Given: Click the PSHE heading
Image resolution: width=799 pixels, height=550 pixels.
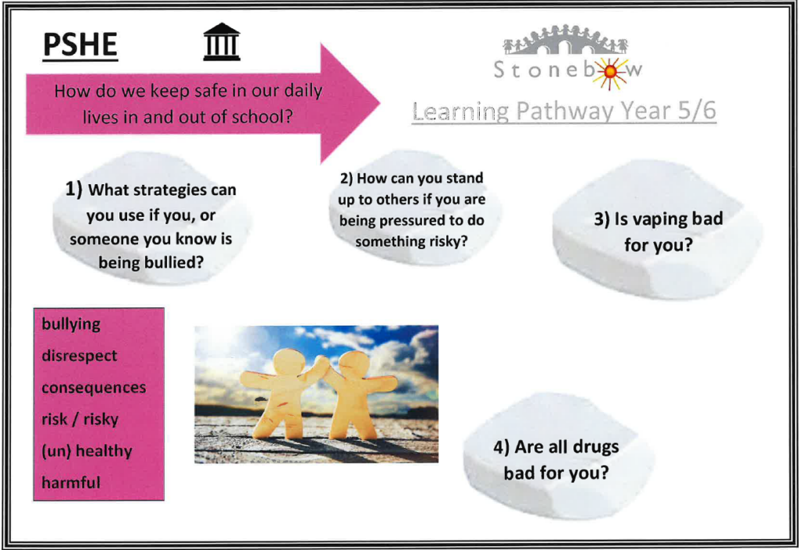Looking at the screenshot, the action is coord(80,44).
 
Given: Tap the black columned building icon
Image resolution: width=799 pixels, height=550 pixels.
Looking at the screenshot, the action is coord(222,42).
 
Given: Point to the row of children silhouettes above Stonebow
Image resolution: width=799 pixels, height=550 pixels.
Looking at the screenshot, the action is coord(565,40).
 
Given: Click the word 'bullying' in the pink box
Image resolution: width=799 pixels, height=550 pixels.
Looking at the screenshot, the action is coord(71,324).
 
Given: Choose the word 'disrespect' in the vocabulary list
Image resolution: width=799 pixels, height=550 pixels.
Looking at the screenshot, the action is coord(80,355).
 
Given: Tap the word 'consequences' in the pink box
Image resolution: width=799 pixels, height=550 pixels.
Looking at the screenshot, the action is coord(94,388).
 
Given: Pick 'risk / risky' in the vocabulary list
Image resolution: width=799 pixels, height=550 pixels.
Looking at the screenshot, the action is coord(80,419).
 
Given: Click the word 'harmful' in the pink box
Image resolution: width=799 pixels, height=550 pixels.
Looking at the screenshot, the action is coord(71,482).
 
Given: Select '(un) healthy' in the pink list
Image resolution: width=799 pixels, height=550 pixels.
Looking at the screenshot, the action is coord(87,451).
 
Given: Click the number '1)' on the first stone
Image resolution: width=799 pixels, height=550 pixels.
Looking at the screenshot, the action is coord(73,190).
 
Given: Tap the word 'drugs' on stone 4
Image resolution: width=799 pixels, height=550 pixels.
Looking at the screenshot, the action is coord(595,446).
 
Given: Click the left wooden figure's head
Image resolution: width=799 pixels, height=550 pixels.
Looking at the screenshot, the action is coord(289,362).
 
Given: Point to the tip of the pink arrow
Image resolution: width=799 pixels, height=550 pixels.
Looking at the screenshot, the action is coord(380,104).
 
